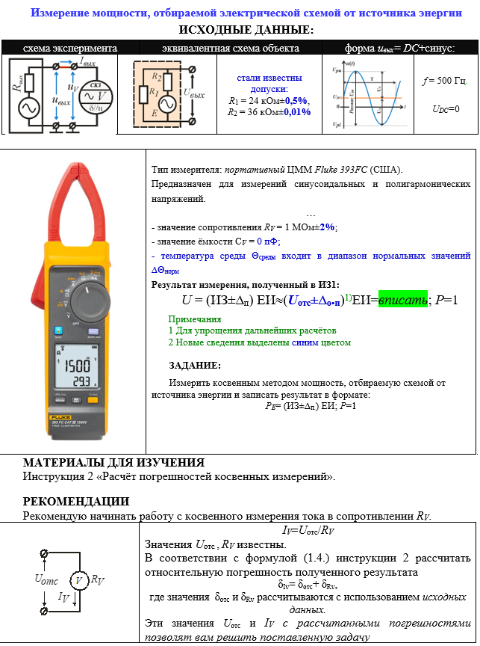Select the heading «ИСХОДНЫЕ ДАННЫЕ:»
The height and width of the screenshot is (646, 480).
pyautogui.click(x=240, y=30)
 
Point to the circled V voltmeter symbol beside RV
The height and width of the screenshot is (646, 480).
pyautogui.click(x=79, y=579)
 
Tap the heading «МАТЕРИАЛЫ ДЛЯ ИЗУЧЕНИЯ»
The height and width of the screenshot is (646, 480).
pyautogui.click(x=113, y=463)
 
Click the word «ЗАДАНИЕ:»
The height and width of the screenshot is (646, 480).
pyautogui.click(x=195, y=366)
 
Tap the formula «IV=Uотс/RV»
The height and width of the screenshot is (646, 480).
pyautogui.click(x=307, y=530)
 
